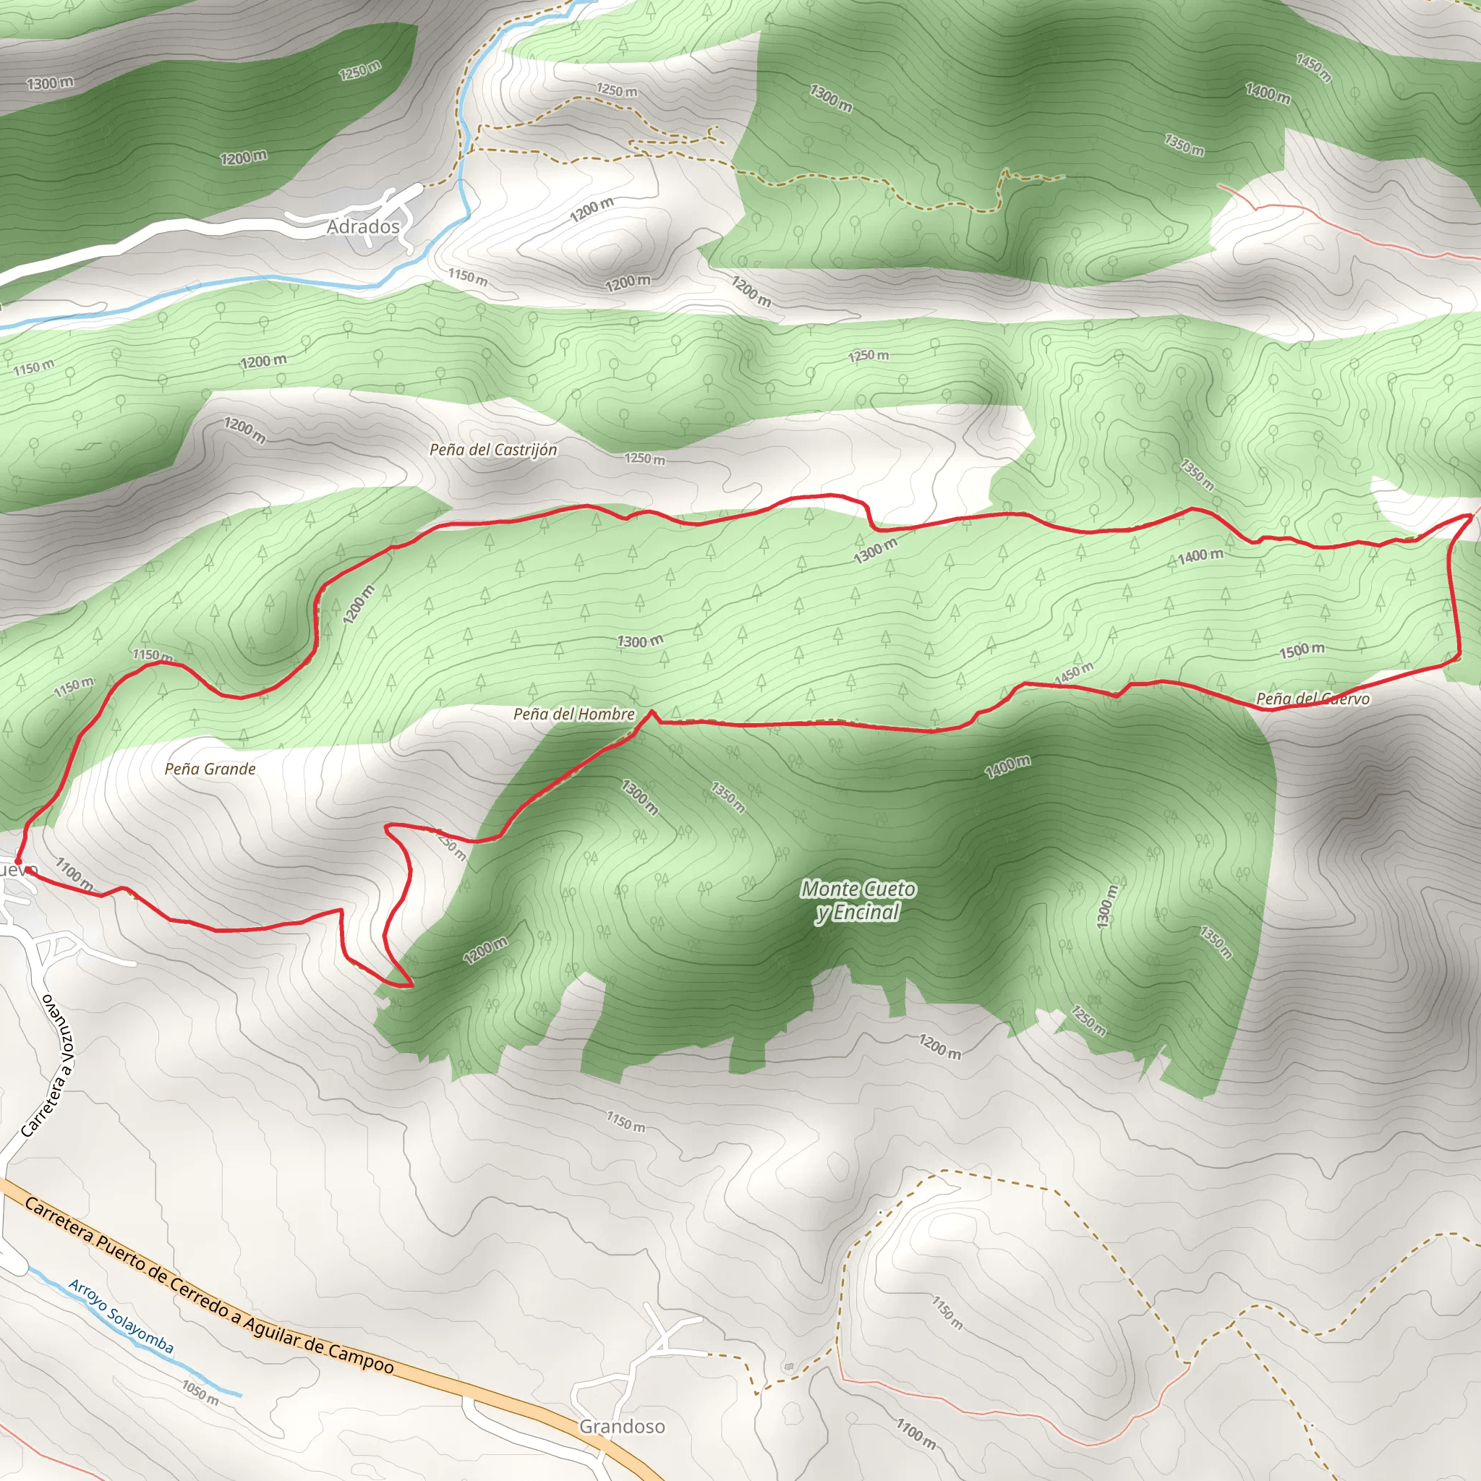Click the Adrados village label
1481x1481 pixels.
pyautogui.click(x=363, y=226)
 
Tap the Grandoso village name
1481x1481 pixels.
pyautogui.click(x=622, y=1426)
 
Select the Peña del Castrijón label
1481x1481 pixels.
pyautogui.click(x=493, y=449)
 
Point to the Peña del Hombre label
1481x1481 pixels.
pyautogui.click(x=574, y=714)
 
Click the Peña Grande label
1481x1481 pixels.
pyautogui.click(x=210, y=769)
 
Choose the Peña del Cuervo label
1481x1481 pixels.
pyautogui.click(x=1313, y=699)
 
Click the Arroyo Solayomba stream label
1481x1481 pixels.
pyautogui.click(x=121, y=1316)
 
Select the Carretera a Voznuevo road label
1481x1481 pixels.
pyautogui.click(x=48, y=1065)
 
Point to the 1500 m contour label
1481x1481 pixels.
pyautogui.click(x=1302, y=651)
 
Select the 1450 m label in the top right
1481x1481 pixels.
pyautogui.click(x=1313, y=67)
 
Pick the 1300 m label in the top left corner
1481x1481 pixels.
pyautogui.click(x=51, y=82)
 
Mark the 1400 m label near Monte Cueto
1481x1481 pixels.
pyautogui.click(x=1007, y=766)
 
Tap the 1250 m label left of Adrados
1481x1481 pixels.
pyautogui.click(x=359, y=71)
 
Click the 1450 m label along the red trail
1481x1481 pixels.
pyautogui.click(x=1073, y=673)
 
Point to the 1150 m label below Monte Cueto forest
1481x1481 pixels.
pyautogui.click(x=626, y=1122)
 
